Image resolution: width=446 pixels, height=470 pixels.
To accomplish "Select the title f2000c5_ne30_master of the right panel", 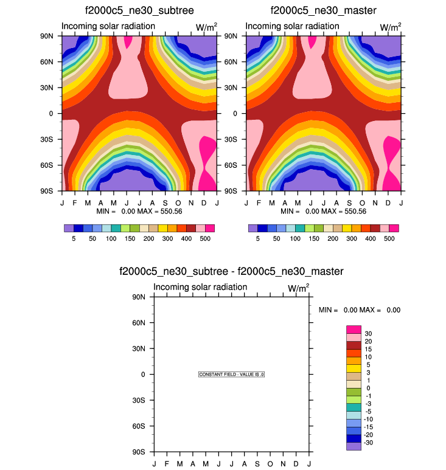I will [323, 10].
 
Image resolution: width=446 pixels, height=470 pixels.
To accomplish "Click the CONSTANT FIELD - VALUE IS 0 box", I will [231, 375].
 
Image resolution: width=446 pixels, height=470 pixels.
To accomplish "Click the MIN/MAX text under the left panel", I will [139, 211].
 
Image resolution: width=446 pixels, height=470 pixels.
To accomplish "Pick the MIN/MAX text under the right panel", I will [323, 211].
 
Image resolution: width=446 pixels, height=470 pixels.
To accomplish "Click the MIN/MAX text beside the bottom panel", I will [359, 310].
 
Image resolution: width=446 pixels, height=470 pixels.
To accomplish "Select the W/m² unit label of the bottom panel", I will [298, 288].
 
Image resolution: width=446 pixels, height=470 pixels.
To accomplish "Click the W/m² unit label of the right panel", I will [390, 27].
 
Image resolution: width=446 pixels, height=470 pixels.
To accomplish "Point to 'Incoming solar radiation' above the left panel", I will [108, 26].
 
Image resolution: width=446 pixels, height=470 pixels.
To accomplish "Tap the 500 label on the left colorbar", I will [204, 239].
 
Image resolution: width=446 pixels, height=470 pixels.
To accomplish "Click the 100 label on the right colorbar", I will [295, 239].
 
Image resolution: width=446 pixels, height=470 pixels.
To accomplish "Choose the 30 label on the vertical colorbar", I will [368, 334].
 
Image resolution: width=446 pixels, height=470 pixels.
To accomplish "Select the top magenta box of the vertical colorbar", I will [354, 329].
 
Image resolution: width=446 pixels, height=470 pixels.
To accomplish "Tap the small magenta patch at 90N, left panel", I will [128, 41].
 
